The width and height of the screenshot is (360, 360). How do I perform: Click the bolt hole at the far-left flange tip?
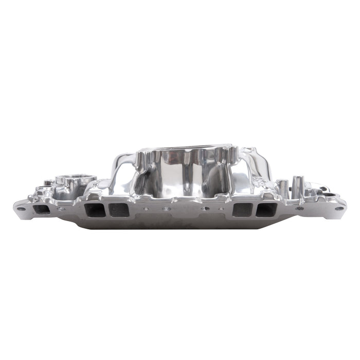click(21, 208)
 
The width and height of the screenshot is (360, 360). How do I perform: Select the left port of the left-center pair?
click(93, 209)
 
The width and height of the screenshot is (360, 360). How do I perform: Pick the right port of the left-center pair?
click(119, 209)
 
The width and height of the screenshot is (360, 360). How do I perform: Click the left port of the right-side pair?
click(241, 209)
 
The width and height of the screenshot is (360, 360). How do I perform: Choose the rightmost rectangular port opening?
click(266, 209)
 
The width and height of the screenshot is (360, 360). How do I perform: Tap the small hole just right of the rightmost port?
click(300, 208)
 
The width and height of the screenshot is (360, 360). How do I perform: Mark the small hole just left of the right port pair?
click(221, 209)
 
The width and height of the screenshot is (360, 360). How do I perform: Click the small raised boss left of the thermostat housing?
click(47, 182)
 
